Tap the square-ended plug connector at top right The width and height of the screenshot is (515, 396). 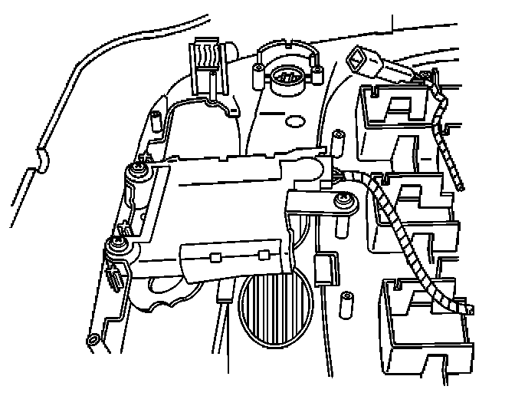point(361,59)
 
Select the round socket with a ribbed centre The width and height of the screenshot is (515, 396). point(285,77)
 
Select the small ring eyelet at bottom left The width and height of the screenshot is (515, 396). point(93,339)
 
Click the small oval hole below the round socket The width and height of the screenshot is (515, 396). point(293,120)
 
